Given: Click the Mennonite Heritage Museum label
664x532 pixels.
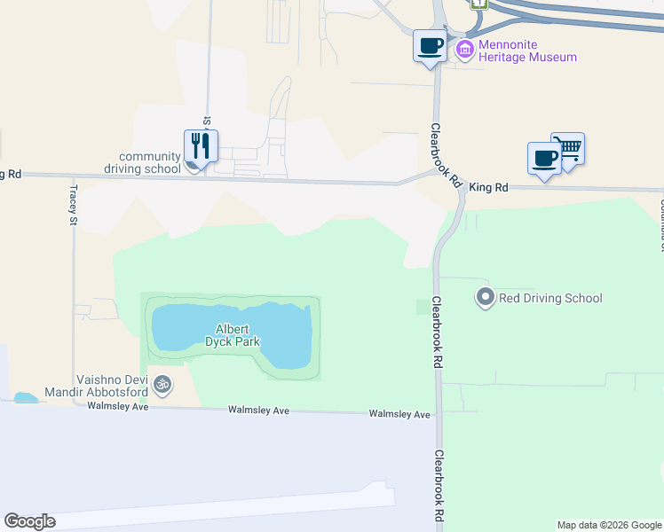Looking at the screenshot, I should click(x=527, y=51).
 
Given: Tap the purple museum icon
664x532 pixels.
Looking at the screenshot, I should click(x=464, y=51).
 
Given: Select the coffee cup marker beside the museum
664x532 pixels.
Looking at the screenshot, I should click(x=430, y=45).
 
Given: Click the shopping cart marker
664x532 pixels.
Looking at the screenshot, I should click(x=568, y=147).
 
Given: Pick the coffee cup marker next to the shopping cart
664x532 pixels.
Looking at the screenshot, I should click(x=544, y=158).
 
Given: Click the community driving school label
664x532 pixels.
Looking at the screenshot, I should click(x=149, y=162).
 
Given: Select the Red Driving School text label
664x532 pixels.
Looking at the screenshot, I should click(x=550, y=298).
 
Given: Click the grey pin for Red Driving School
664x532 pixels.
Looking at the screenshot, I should click(x=485, y=297).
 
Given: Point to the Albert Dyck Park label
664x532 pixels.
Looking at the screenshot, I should click(x=231, y=334).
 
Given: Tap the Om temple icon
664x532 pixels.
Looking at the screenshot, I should click(x=162, y=385).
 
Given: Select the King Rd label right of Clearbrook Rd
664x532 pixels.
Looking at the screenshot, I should click(x=489, y=187).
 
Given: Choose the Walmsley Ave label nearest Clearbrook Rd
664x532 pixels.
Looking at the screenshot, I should click(x=399, y=414).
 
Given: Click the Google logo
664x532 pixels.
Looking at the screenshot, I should click(x=29, y=521).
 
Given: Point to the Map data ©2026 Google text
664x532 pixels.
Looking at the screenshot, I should click(x=609, y=525).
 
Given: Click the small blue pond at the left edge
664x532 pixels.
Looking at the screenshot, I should click(x=27, y=398).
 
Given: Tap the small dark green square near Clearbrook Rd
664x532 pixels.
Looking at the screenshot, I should click(x=423, y=307).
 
